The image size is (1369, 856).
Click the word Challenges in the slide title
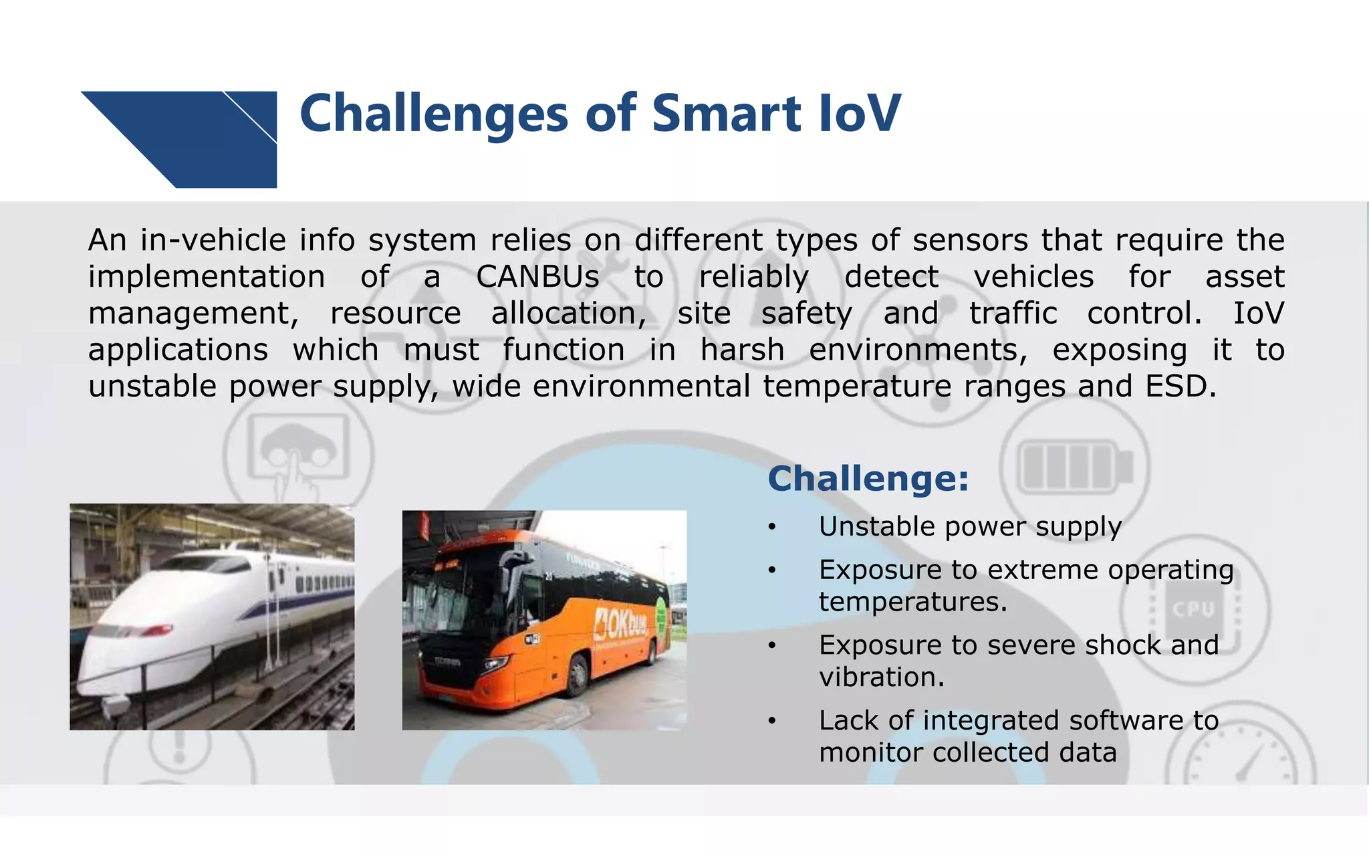(433, 114)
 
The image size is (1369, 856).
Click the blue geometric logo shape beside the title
(201, 137)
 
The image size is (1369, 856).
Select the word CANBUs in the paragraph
(537, 277)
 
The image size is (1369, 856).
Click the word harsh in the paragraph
(742, 350)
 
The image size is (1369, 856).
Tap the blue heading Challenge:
(868, 479)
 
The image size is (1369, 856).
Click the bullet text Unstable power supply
(969, 527)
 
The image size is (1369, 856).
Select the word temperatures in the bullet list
(912, 602)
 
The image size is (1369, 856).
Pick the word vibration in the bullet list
(881, 677)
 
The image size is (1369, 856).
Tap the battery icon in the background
(1075, 465)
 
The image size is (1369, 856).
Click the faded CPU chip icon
(1194, 609)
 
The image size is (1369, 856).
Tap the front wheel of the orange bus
(576, 675)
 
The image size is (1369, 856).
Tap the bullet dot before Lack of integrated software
(771, 721)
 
